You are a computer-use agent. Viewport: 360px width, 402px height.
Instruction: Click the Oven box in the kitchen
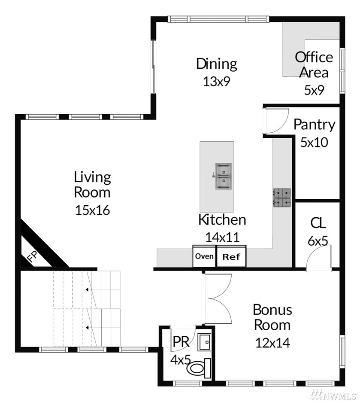click(204, 256)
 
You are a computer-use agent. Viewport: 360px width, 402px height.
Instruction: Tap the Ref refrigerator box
click(231, 256)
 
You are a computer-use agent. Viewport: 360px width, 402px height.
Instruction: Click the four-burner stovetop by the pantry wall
click(281, 198)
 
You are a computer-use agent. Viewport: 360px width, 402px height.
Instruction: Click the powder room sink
click(204, 342)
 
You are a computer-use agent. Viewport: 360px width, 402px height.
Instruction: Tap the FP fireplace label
click(33, 256)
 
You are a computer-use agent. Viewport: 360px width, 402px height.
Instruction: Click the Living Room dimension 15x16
click(92, 210)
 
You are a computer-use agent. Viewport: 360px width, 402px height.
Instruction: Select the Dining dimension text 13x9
click(217, 82)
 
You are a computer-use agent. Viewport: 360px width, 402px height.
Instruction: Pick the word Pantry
click(315, 125)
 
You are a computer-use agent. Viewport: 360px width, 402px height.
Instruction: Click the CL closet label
click(318, 223)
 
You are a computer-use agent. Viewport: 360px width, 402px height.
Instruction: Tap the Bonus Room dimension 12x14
click(273, 343)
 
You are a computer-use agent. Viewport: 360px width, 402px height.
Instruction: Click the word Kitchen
click(222, 220)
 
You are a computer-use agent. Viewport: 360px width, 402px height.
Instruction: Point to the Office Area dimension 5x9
click(314, 90)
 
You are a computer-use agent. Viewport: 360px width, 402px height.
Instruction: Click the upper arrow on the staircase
click(87, 290)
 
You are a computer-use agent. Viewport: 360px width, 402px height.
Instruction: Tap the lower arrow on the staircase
click(87, 328)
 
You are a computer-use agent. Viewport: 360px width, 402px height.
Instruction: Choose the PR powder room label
click(181, 341)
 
